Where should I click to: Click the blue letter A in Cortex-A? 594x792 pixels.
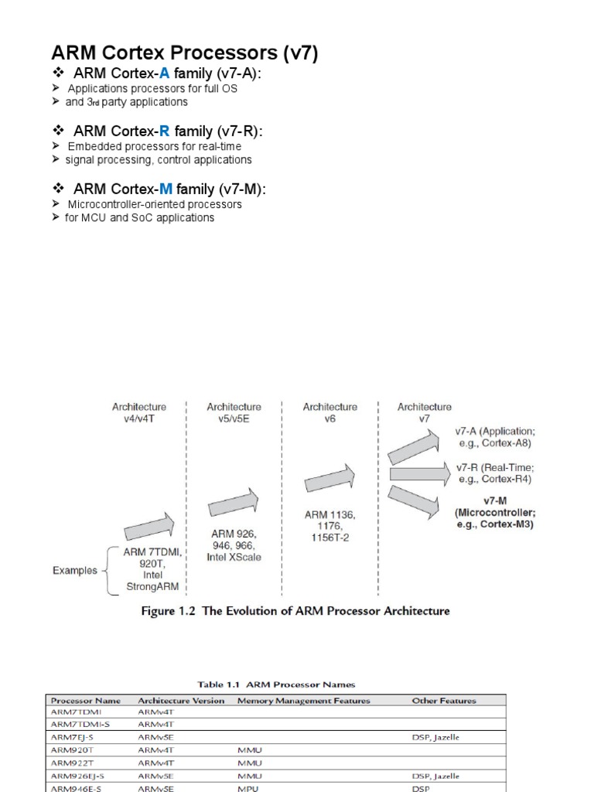164,73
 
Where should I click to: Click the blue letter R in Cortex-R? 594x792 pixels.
164,131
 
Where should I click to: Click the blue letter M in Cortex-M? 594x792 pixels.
166,189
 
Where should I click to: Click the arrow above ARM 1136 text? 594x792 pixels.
329,479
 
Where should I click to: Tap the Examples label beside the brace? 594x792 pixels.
75,571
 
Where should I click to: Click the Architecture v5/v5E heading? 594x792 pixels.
234,413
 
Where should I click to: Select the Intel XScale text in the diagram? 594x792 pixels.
234,558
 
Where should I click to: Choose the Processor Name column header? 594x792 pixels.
86,701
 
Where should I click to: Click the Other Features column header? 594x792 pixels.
443,701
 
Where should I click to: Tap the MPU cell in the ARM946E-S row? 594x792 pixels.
248,787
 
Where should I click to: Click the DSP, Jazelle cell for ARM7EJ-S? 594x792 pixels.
435,738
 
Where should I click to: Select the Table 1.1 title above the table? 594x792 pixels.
276,684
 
